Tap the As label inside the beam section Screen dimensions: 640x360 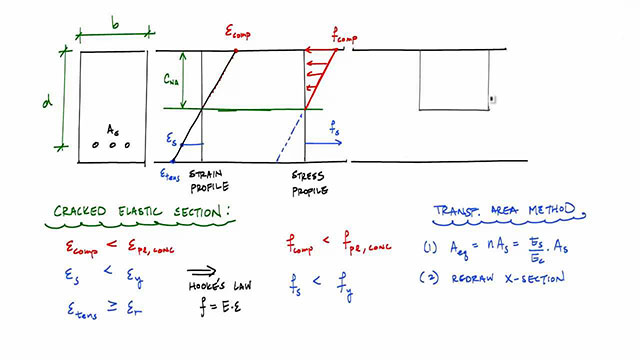[113, 128]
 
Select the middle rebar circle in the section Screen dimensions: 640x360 [112, 144]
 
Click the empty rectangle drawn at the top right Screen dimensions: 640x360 [454, 78]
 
